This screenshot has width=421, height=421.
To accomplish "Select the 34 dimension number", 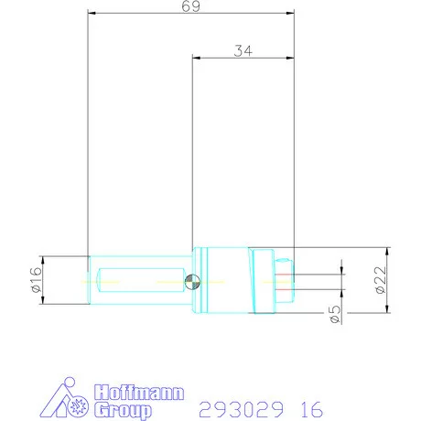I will point(243,51).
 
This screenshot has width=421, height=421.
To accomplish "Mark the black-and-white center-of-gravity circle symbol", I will point(189,280).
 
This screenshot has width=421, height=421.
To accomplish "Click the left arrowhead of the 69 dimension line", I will point(92,14).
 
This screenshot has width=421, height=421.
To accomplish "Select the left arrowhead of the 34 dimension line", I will point(196,58).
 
